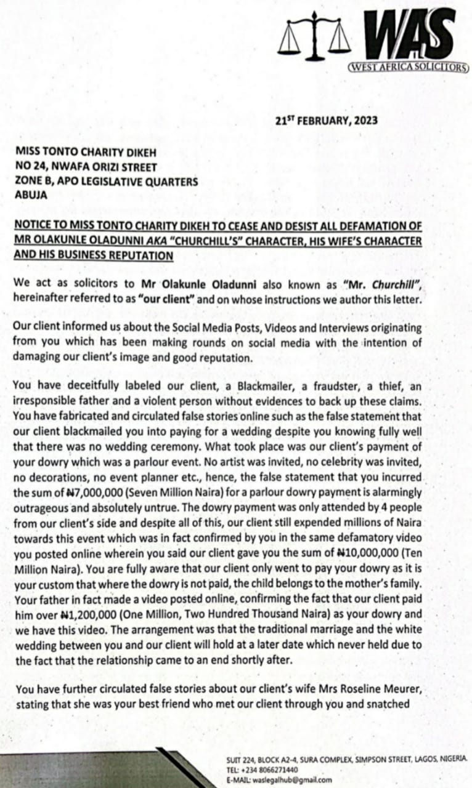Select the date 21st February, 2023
[327, 121]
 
